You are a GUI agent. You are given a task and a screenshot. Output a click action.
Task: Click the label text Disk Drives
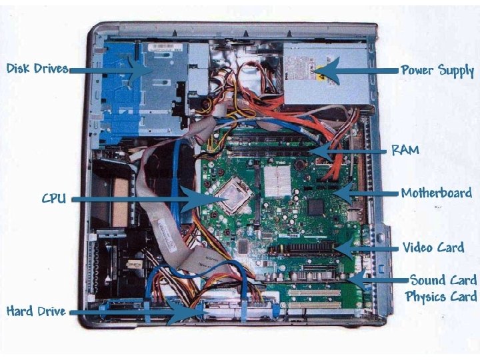click(x=37, y=69)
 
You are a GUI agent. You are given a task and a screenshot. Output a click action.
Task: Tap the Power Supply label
click(x=437, y=70)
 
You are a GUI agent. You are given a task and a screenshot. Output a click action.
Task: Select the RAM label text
click(x=405, y=150)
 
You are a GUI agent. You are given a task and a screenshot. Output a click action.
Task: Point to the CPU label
click(x=53, y=199)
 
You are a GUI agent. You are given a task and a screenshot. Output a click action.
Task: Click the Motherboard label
click(x=436, y=193)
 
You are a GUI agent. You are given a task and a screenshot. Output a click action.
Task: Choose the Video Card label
click(x=433, y=248)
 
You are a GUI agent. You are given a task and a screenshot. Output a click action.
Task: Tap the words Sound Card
click(x=443, y=280)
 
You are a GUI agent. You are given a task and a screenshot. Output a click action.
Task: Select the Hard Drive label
click(x=36, y=311)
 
